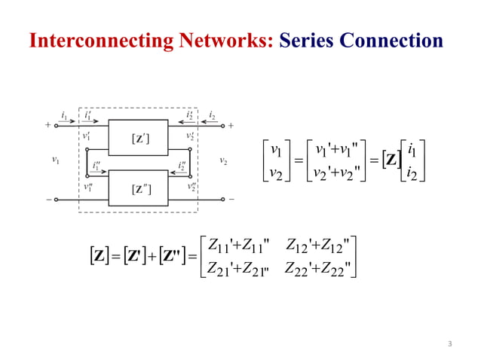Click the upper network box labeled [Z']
click(139, 137)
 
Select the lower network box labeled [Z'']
click(139, 188)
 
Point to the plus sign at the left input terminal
click(48, 125)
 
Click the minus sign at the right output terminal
click(231, 200)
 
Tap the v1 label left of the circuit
click(55, 160)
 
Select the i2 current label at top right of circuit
click(212, 115)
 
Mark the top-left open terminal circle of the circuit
click(57, 126)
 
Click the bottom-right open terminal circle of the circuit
click(222, 200)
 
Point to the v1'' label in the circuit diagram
click(88, 187)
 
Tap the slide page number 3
click(449, 344)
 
